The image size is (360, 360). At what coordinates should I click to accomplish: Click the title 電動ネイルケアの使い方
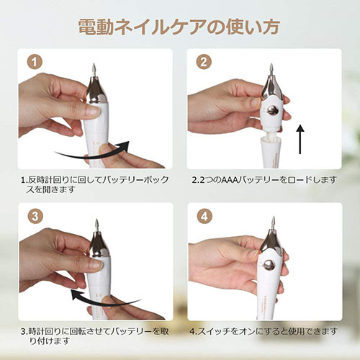pos(179,27)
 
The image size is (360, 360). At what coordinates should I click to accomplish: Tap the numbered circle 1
pos(35,62)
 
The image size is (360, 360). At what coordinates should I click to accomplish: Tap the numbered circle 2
pos(204,62)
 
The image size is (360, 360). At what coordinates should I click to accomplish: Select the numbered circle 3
pos(35,216)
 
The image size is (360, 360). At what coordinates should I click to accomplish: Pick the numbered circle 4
pos(204,216)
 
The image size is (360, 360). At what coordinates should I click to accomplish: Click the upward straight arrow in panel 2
pos(300,139)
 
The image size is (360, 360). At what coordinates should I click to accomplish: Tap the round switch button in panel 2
pos(272,110)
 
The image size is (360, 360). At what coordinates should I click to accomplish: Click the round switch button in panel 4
pos(269,266)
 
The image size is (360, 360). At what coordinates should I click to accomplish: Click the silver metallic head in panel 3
pos(99,243)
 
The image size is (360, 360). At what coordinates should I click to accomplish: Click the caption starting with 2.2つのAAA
pos(264,180)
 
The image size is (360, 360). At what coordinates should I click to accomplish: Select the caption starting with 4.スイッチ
pos(264,331)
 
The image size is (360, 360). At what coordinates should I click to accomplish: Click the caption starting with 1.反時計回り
pos(95,184)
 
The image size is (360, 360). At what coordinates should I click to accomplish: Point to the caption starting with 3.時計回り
pos(95,336)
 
